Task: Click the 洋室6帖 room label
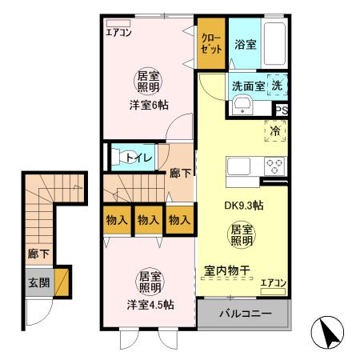pyautogui.click(x=146, y=105)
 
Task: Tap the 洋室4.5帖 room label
pyautogui.click(x=150, y=305)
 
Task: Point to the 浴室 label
pyautogui.click(x=245, y=44)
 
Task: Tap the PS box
pyautogui.click(x=282, y=111)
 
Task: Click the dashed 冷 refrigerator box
pyautogui.click(x=275, y=131)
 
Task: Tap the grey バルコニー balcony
pyautogui.click(x=244, y=313)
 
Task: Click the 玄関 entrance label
pyautogui.click(x=38, y=282)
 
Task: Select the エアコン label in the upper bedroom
pyautogui.click(x=118, y=33)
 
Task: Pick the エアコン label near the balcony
pyautogui.click(x=273, y=282)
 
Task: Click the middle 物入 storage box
pyautogui.click(x=147, y=219)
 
